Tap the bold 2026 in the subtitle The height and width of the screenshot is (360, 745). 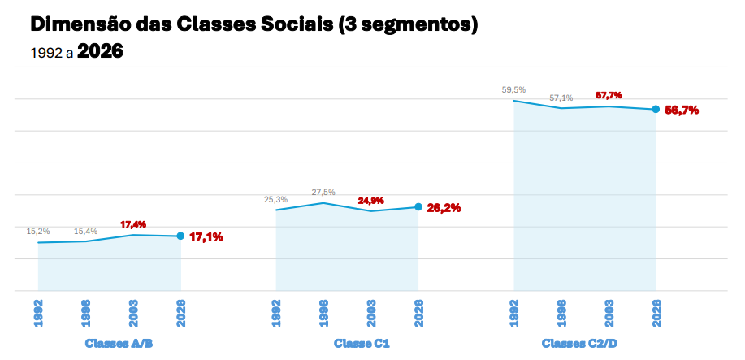tap(100, 52)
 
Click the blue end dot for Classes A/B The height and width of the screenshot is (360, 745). tap(181, 236)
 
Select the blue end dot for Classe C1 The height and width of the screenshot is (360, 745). tap(418, 206)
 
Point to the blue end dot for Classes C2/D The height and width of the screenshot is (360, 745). tap(656, 110)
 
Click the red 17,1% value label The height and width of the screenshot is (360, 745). tap(206, 237)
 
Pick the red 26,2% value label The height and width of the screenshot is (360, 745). tap(444, 207)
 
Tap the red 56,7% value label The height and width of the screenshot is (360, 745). tap(682, 110)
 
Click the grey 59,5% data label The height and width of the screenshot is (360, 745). tap(513, 90)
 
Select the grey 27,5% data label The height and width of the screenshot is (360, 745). tap(323, 193)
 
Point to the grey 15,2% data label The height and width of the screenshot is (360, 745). tap(38, 232)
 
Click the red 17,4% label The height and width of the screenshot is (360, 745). tap(133, 224)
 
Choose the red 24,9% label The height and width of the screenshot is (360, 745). tap(371, 200)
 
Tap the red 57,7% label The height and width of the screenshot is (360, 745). tap(609, 95)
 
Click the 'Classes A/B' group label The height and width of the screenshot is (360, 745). tap(119, 344)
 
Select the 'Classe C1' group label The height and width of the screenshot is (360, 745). tap(362, 344)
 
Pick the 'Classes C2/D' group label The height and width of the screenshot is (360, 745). tap(579, 344)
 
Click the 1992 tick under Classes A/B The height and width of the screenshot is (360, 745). tap(38, 313)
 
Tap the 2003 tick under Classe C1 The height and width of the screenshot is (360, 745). tap(371, 313)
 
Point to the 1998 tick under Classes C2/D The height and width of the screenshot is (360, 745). tap(561, 313)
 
